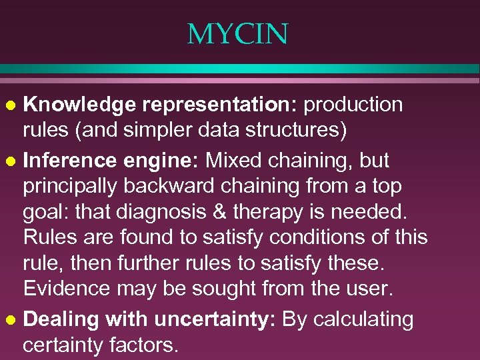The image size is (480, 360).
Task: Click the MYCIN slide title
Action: tap(238, 34)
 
